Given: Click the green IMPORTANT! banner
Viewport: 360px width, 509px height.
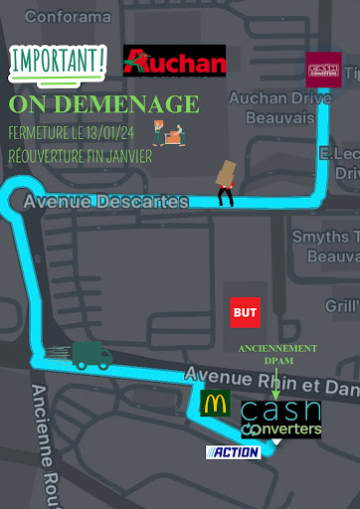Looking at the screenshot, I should [58, 63].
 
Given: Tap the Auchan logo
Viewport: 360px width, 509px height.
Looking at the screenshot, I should [174, 63].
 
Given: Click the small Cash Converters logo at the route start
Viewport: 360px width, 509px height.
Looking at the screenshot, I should [323, 70].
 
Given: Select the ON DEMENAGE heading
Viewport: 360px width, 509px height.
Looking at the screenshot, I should [103, 105].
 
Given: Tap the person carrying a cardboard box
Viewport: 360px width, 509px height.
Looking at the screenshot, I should [226, 182].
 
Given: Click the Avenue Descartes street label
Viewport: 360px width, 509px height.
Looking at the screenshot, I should [105, 203].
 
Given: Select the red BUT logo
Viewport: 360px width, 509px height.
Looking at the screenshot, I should [245, 312].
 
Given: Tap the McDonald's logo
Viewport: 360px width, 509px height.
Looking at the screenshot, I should [215, 403].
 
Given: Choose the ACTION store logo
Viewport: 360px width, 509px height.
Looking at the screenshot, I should [232, 452].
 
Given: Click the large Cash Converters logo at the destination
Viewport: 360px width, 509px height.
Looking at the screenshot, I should [281, 420].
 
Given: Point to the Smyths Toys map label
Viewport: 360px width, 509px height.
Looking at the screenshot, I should [324, 246].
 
